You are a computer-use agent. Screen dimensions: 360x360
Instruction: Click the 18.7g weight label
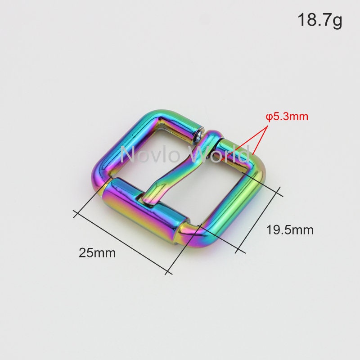click(319, 21)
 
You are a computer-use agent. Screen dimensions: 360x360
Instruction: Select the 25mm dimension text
click(97, 252)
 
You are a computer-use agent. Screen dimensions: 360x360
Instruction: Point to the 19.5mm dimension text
click(289, 230)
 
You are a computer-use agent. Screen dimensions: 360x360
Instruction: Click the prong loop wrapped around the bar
click(212, 137)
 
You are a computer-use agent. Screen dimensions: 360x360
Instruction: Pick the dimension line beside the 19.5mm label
click(259, 220)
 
